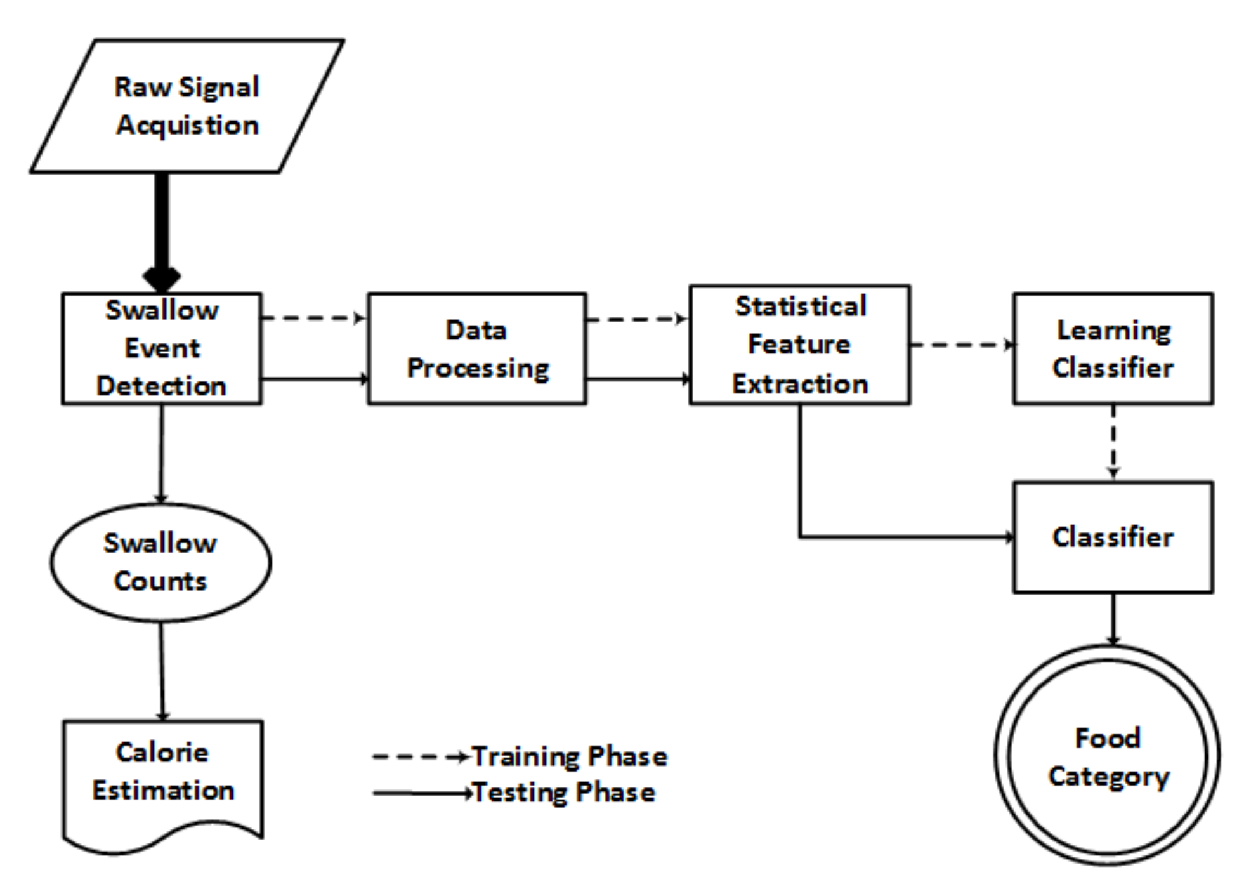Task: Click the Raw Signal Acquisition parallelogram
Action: tap(187, 106)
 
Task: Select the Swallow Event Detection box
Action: tap(161, 348)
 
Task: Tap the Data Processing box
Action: tap(477, 348)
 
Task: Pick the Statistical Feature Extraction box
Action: tap(800, 345)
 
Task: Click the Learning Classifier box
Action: tap(1113, 348)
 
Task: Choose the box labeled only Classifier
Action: tap(1113, 537)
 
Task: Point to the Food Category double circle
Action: tap(1108, 756)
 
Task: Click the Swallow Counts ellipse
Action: tap(160, 562)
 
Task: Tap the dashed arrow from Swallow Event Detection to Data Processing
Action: tap(313, 317)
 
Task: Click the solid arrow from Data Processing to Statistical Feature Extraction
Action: tap(637, 379)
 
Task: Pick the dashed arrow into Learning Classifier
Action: tap(960, 345)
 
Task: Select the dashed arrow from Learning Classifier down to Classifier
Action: tap(1113, 442)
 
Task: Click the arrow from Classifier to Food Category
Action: tap(1113, 618)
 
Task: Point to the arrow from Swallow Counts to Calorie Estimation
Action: tap(161, 670)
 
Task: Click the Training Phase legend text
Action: tap(569, 756)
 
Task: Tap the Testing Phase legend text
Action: tap(564, 793)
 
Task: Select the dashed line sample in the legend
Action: tap(419, 756)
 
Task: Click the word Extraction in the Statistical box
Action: tap(800, 384)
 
